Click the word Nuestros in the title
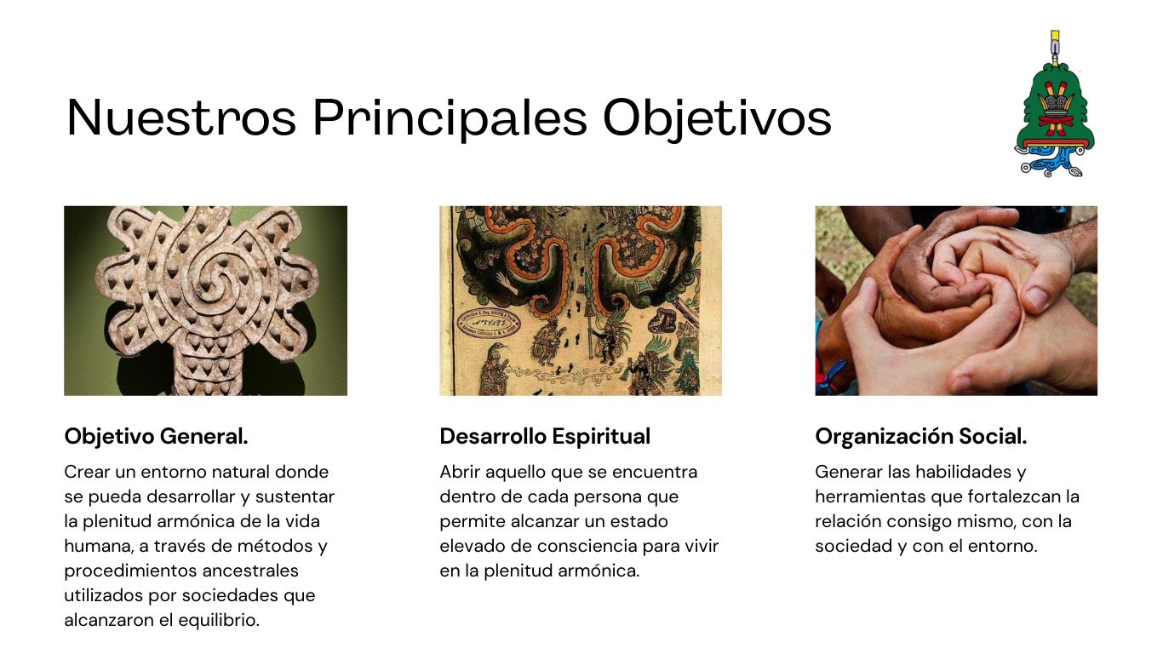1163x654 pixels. (x=181, y=118)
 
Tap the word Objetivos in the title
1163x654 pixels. (x=717, y=119)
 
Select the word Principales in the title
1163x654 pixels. (x=450, y=119)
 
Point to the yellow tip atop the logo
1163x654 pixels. (x=1055, y=37)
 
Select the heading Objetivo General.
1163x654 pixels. (x=157, y=436)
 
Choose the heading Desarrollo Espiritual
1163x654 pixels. (x=545, y=436)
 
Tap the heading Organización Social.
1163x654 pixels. (x=921, y=436)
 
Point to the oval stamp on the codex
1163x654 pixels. (x=488, y=323)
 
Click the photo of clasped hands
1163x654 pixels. (x=956, y=301)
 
